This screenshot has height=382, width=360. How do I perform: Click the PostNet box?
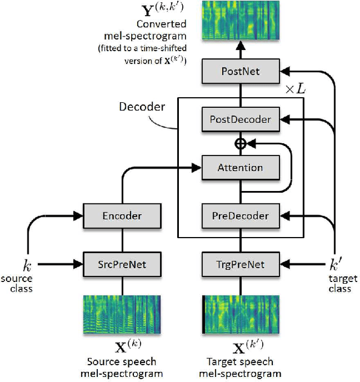240,72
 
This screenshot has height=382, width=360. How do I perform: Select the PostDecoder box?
240,119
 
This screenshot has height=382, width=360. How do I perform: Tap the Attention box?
240,167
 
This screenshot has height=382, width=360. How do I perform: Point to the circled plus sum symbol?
240,144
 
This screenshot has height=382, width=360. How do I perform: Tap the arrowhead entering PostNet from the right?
285,72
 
